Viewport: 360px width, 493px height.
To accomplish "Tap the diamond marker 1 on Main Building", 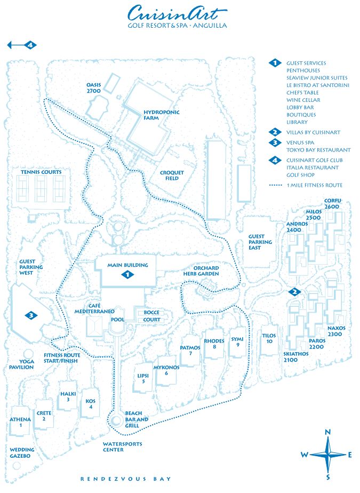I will pos(127,274).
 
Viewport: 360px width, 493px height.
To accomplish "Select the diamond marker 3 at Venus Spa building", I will pos(32,315).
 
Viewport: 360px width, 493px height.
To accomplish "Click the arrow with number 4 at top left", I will pos(22,45).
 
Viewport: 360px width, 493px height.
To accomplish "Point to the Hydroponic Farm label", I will pos(162,115).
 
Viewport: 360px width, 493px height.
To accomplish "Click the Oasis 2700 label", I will pos(93,88).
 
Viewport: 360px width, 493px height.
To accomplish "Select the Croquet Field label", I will pos(172,176).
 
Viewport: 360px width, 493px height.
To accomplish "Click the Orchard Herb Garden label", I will pos(209,271).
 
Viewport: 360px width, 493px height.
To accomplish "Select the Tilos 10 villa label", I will pos(269,338).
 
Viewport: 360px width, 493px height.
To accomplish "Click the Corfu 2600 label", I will pos(332,203).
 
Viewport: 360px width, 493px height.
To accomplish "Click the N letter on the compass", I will pos(329,432).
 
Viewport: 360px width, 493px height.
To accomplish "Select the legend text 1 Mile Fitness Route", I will pos(314,185).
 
